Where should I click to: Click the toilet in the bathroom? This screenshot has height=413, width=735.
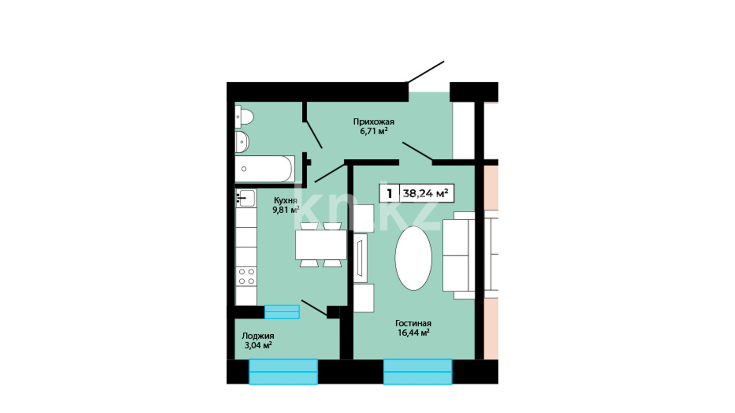click(244, 117)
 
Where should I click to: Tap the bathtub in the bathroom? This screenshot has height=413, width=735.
click(265, 169)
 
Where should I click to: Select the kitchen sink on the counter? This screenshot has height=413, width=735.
click(246, 198)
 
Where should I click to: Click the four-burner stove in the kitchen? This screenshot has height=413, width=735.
click(246, 276)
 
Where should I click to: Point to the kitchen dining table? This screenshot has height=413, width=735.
click(321, 245)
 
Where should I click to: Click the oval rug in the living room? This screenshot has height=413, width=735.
click(413, 258)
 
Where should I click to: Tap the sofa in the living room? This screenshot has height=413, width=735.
click(459, 255)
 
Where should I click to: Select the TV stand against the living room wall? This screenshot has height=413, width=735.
click(360, 254)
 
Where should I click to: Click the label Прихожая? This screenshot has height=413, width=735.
click(374, 122)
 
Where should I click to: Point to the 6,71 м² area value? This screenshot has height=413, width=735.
click(374, 132)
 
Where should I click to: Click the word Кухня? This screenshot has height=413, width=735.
click(286, 200)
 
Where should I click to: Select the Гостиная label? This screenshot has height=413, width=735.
click(413, 324)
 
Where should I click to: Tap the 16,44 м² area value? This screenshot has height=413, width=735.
click(413, 333)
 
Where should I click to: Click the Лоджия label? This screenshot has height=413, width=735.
click(258, 336)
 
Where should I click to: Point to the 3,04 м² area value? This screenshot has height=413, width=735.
click(258, 346)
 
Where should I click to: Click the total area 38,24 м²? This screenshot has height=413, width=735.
click(426, 193)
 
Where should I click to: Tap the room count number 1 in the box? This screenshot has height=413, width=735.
click(390, 193)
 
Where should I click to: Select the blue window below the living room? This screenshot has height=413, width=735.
click(418, 371)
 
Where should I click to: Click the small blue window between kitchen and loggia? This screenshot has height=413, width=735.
click(282, 312)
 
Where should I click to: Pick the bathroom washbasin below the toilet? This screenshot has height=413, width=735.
click(242, 142)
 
